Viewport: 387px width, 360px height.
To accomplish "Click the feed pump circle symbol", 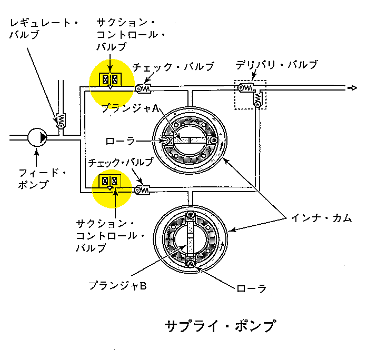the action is (37, 137).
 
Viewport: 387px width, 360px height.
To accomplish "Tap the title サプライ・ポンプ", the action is (221, 326).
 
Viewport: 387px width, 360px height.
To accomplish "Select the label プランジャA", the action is (130, 108).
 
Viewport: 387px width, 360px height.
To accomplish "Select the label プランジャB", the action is (117, 285).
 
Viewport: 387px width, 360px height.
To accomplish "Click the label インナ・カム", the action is (321, 218).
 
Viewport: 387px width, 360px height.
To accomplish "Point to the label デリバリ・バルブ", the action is (276, 65).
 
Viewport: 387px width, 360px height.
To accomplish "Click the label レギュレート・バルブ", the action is (44, 28).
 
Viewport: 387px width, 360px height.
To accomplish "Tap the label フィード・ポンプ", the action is (42, 178).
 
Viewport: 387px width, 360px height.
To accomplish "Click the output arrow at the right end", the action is (352, 88).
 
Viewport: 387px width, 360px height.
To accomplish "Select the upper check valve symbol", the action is (143, 88).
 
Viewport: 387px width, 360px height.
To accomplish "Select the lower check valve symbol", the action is (142, 190).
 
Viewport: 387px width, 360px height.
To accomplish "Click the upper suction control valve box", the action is (110, 79).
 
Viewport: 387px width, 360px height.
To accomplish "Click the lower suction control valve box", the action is (110, 182).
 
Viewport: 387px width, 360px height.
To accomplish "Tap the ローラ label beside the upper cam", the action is (120, 141).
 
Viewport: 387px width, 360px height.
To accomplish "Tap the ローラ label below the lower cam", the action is (251, 288).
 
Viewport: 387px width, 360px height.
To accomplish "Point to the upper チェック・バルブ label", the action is (173, 67).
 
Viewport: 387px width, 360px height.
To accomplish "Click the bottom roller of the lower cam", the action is (191, 264).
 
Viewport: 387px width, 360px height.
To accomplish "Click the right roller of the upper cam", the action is (213, 141).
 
